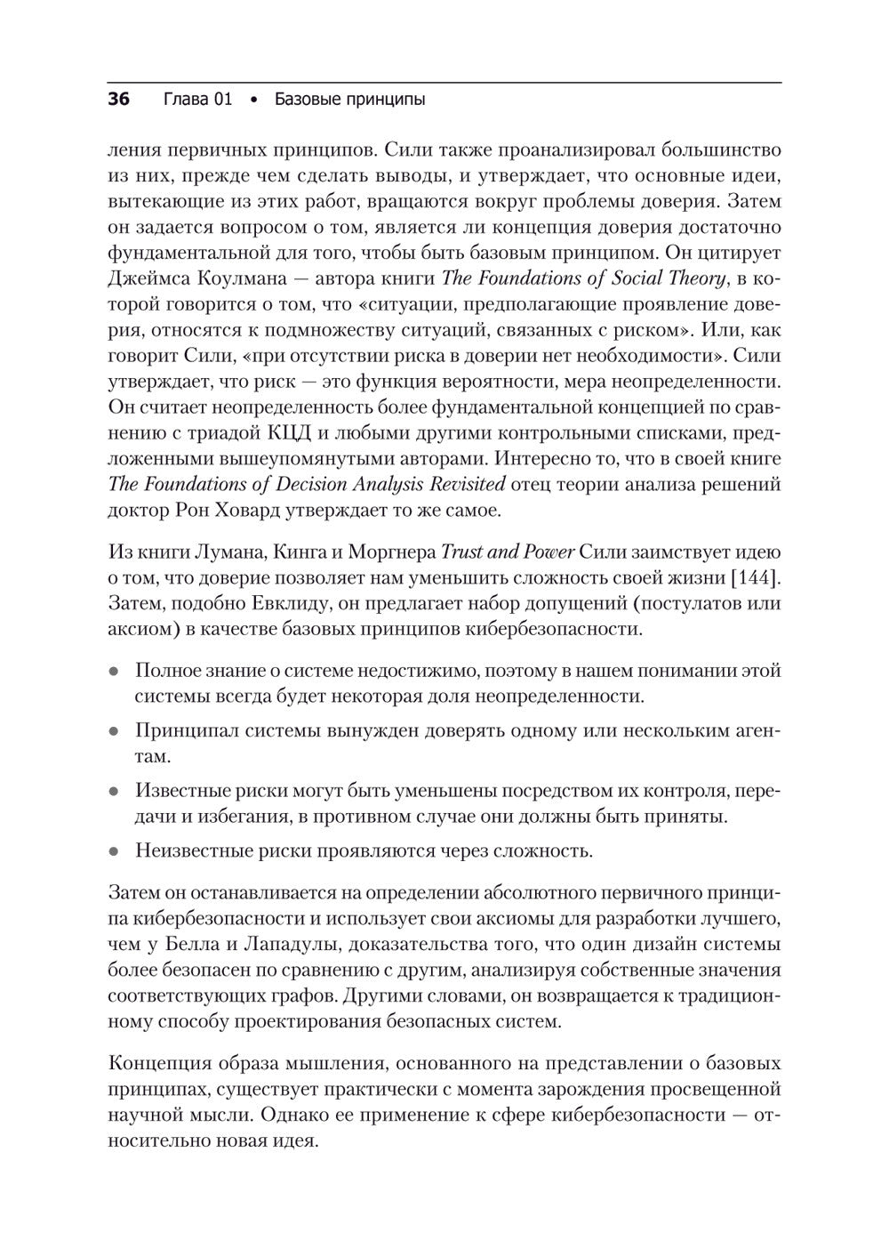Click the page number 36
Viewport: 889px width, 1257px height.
(x=118, y=100)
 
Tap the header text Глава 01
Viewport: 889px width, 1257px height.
(x=198, y=100)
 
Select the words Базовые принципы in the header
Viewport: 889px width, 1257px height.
(x=349, y=100)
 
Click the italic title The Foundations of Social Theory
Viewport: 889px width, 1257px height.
(x=583, y=278)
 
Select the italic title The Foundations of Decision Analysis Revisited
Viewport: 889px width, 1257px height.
(x=307, y=485)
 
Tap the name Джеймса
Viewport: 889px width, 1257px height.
(x=147, y=278)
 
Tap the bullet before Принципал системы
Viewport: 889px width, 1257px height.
(x=114, y=731)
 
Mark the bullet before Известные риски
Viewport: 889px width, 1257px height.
(x=114, y=791)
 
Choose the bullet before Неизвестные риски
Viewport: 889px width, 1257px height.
(x=114, y=851)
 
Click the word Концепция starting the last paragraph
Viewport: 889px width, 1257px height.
(x=155, y=1064)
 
